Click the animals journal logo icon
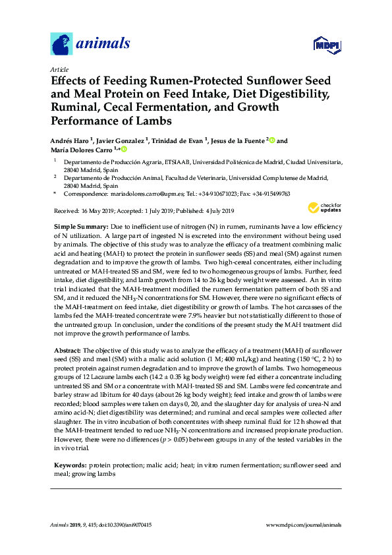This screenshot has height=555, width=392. (62, 44)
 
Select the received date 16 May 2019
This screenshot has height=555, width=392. (98, 211)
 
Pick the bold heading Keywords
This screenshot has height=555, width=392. (69, 465)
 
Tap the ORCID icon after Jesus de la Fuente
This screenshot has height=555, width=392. (271, 140)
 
